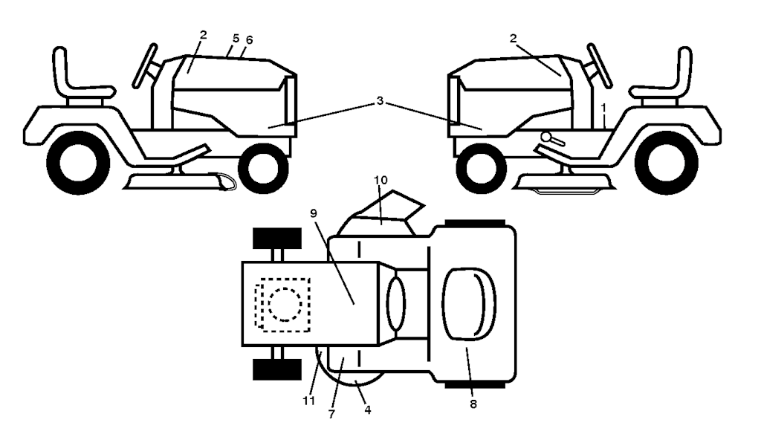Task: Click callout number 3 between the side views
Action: [x=380, y=100]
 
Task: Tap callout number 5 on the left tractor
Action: [x=236, y=39]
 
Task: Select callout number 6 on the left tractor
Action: [x=250, y=40]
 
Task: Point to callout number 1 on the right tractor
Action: [x=603, y=107]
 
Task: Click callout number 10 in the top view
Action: [x=381, y=180]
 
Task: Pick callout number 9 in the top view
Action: [x=314, y=213]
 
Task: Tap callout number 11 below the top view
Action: [x=308, y=401]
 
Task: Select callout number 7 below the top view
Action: [x=331, y=414]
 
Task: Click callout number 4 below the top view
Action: [x=368, y=410]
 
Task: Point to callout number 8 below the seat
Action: [x=473, y=404]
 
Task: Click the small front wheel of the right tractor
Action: [x=482, y=168]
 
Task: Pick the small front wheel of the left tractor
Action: [x=263, y=168]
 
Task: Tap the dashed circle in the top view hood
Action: [x=285, y=305]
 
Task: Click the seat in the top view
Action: [x=469, y=303]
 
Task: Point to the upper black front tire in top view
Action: [x=277, y=238]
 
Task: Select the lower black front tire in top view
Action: [x=277, y=370]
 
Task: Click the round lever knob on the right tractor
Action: [x=546, y=137]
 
